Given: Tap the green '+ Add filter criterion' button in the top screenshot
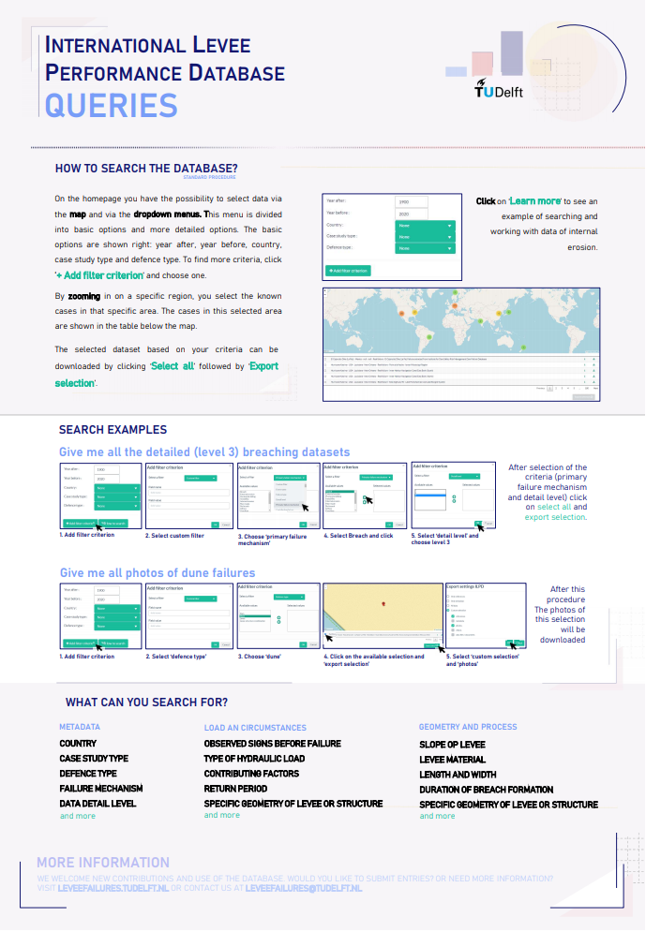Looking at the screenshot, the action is [348, 271].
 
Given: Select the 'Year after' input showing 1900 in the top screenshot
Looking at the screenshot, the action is [412, 201].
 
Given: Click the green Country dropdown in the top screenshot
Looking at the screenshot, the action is [425, 226].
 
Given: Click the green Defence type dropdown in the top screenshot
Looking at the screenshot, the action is [425, 247].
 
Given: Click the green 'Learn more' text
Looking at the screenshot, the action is [535, 201].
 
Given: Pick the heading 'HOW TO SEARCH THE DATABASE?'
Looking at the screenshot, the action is [146, 169].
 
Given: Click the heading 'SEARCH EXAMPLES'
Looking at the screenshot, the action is [113, 430].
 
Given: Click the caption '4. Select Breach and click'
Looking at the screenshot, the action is [359, 536].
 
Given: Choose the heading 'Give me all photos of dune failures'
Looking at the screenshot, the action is [158, 572].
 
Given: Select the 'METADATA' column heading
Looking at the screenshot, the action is [80, 727].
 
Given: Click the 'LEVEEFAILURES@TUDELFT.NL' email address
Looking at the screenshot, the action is [304, 887].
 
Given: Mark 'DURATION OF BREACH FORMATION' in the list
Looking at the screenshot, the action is [487, 790].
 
